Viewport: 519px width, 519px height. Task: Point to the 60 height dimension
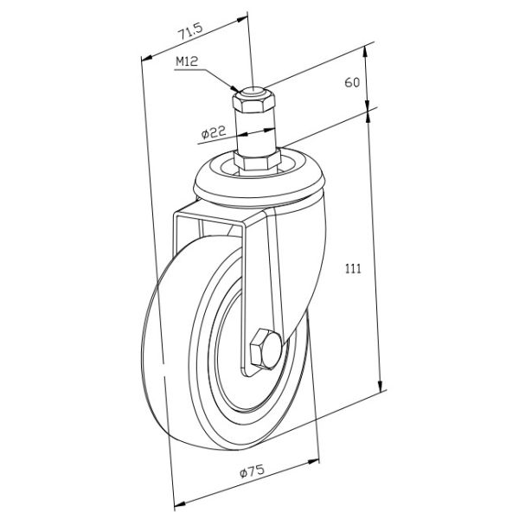click(351, 83)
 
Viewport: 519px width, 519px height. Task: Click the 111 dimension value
click(351, 269)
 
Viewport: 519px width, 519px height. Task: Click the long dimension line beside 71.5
click(156, 259)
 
